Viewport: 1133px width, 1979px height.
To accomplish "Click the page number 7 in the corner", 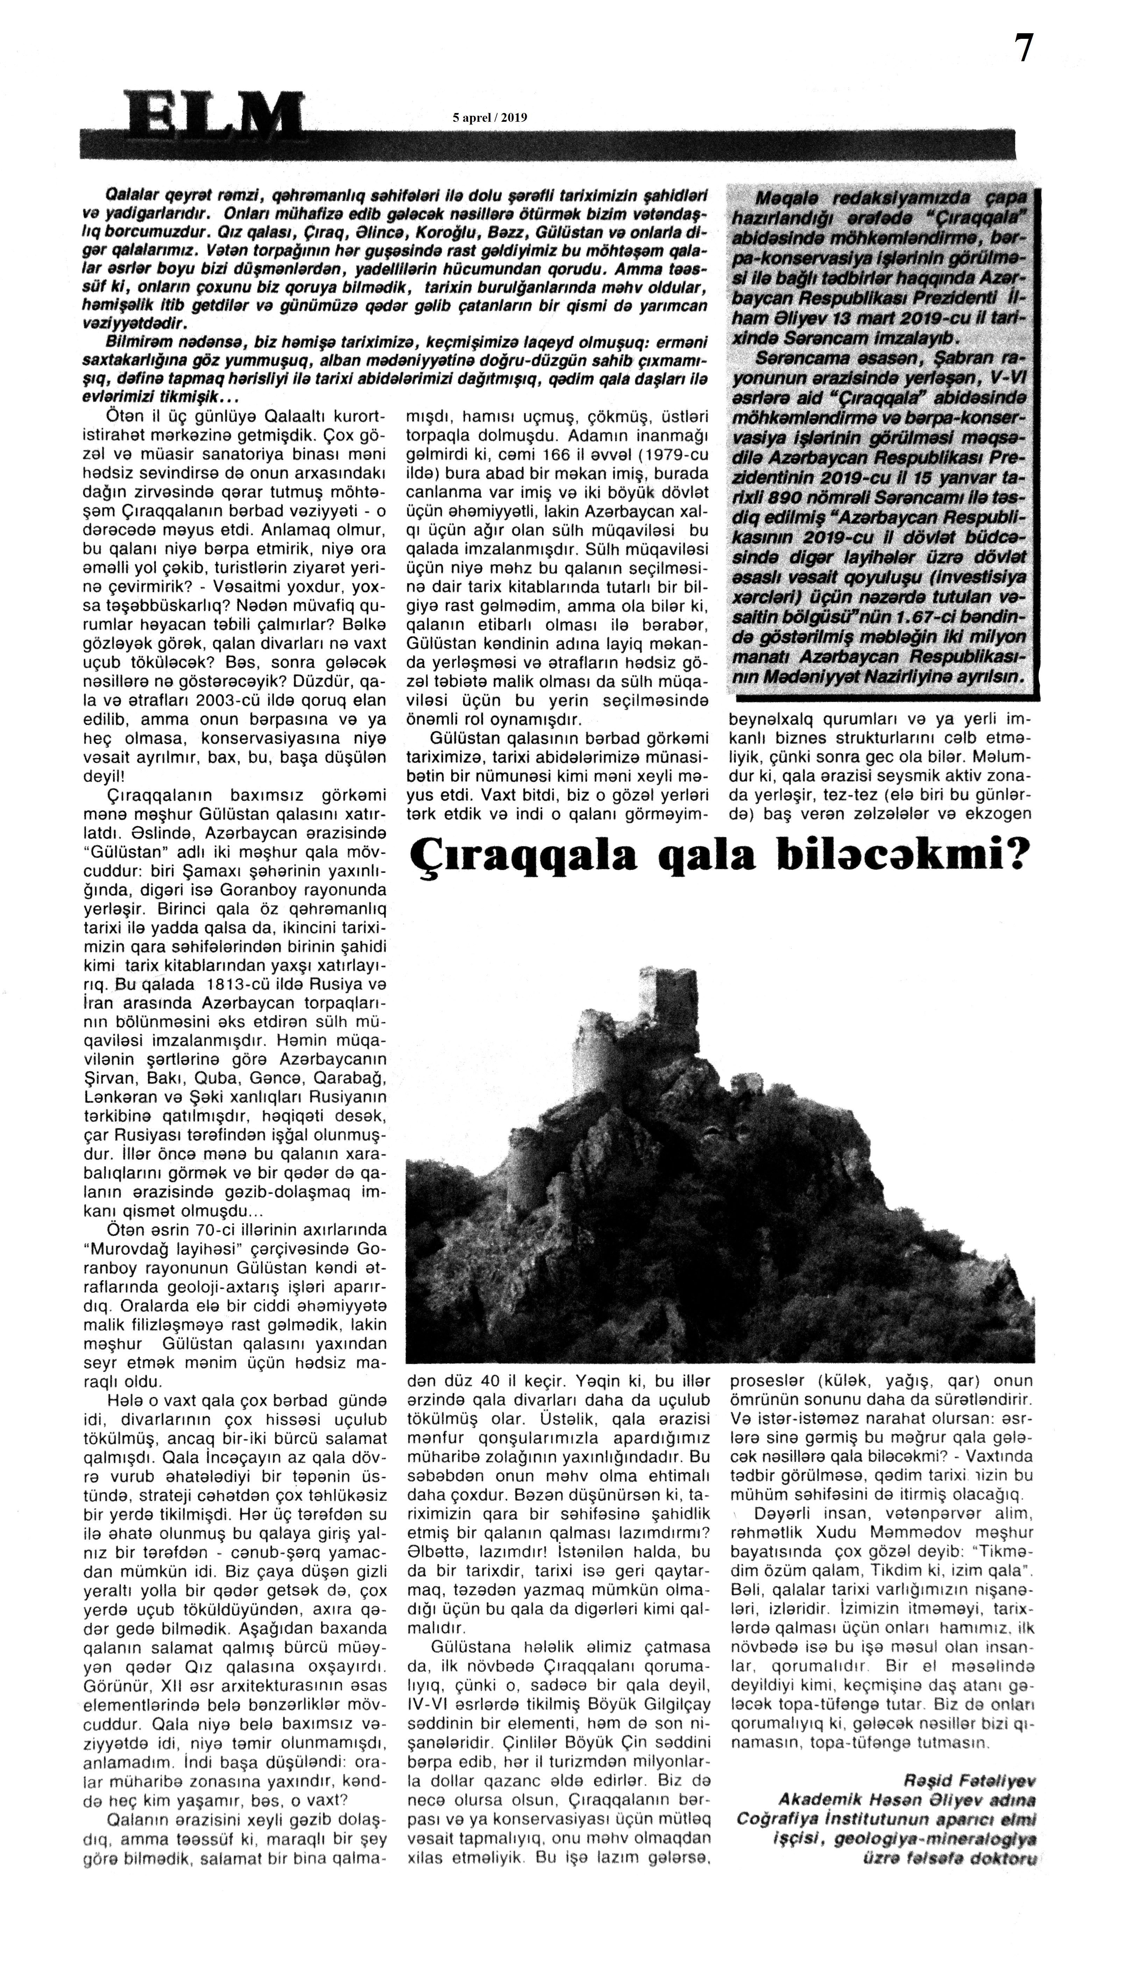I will click(1023, 49).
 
